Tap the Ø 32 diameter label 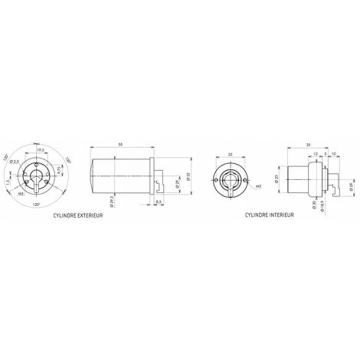tap(188, 178)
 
